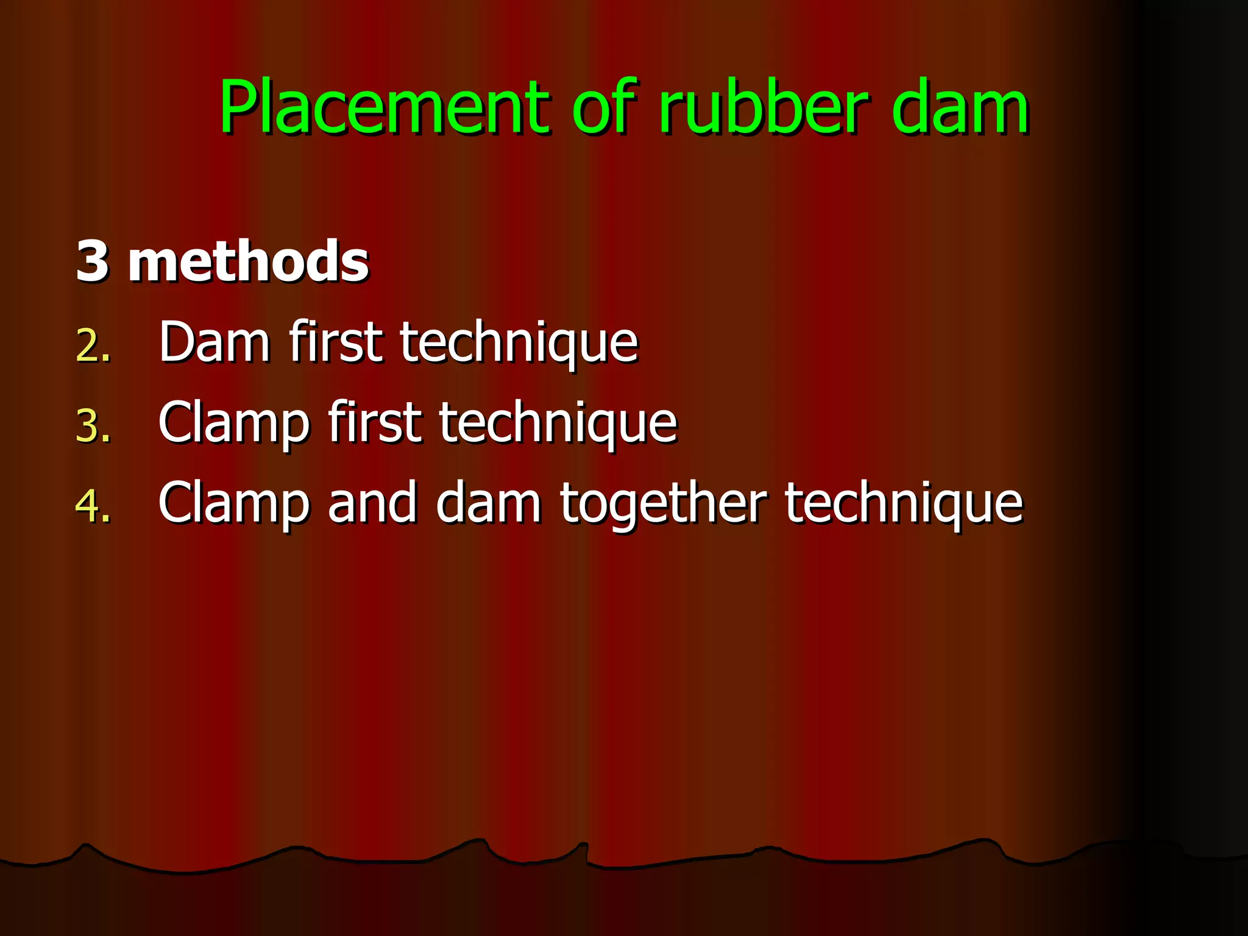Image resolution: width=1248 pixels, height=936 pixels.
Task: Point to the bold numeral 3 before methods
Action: (93, 261)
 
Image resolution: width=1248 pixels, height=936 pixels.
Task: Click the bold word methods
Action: (248, 261)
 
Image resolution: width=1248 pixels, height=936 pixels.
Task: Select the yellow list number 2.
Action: (93, 346)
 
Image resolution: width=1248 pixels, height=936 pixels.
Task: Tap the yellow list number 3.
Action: (93, 425)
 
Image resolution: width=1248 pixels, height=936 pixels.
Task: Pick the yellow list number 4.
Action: (93, 506)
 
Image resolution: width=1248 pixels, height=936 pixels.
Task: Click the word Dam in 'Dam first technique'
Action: (214, 342)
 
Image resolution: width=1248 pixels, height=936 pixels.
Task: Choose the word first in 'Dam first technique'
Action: (336, 342)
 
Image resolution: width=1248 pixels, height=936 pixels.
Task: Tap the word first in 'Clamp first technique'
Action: (374, 422)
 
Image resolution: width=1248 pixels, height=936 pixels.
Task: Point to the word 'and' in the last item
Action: (372, 503)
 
